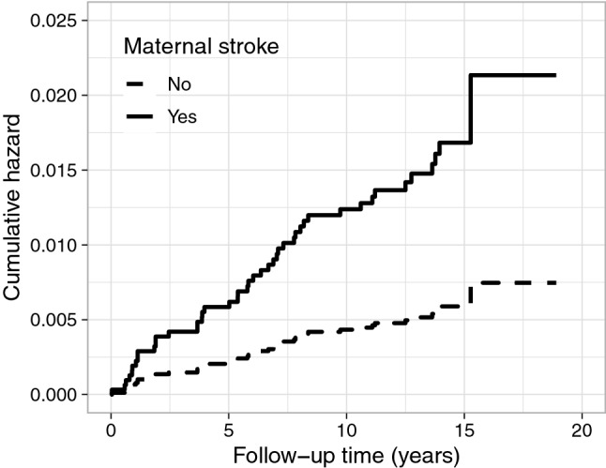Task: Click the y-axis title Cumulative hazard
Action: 15,207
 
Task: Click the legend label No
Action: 179,85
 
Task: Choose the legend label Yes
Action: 181,118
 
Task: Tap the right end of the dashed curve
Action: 555,282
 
